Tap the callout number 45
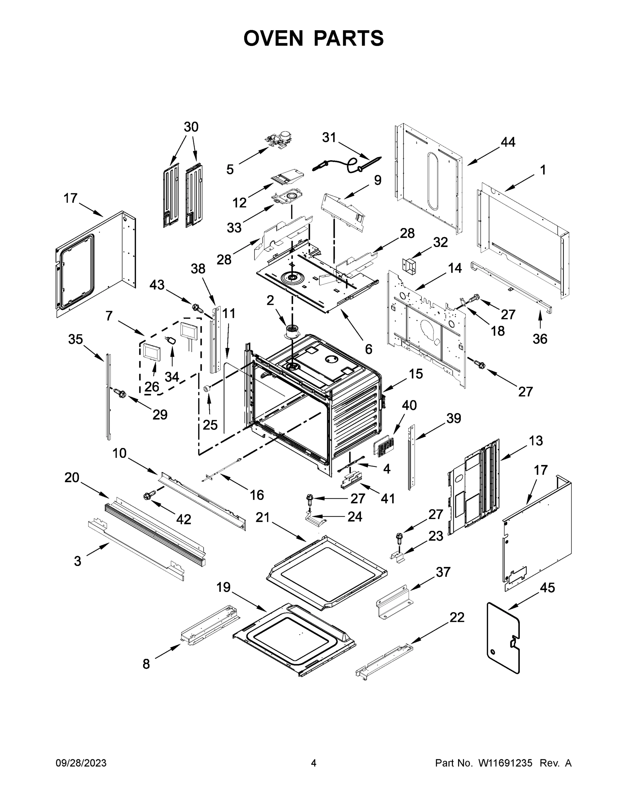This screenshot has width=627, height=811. point(548,587)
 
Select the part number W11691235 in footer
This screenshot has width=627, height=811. point(505,763)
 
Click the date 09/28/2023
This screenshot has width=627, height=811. point(81,763)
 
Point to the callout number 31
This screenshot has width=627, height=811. point(329,138)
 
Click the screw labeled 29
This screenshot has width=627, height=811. point(120,392)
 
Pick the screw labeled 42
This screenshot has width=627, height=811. point(150,496)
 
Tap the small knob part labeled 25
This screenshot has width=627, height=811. point(207,388)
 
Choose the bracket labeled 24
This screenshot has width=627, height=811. point(315,518)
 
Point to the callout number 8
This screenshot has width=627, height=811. point(146,664)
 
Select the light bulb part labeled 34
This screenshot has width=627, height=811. point(172,341)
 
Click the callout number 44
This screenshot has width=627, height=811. point(508,142)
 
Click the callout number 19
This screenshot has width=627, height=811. point(224,587)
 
